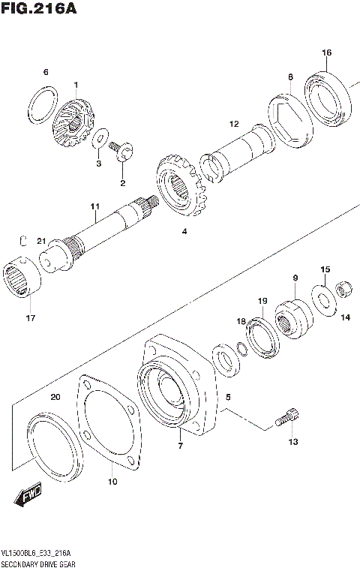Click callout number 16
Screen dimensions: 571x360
coord(326,53)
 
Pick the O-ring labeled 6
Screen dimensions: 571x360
coord(43,104)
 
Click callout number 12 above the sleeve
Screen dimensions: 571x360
coord(234,124)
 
